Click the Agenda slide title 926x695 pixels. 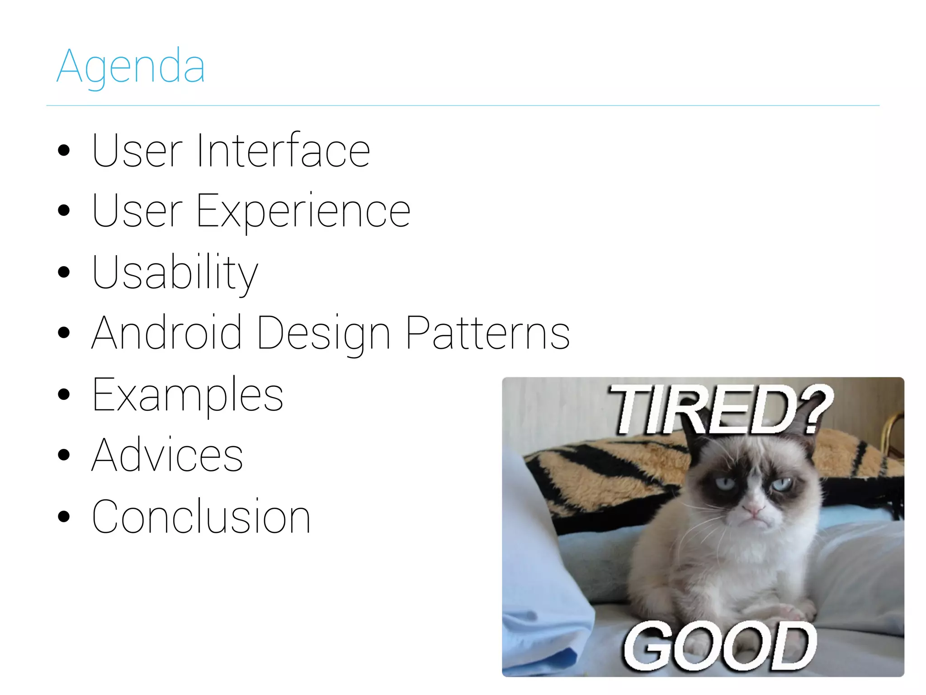pos(131,67)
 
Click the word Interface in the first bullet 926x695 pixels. pos(283,151)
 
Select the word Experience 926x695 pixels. pos(303,211)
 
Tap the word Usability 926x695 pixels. pos(175,272)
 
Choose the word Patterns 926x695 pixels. pos(487,333)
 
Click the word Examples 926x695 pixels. pos(188,395)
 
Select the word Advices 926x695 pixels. pos(167,455)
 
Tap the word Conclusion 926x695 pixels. pos(201,517)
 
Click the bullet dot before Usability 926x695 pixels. pos(64,272)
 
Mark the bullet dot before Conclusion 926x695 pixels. pos(64,516)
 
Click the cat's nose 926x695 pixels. pos(754,509)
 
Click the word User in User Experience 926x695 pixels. pos(137,211)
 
